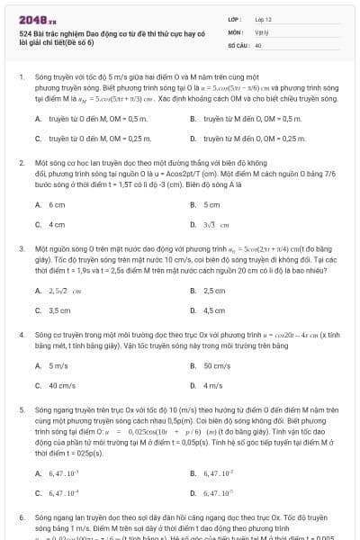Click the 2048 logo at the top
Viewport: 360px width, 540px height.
coord(31,19)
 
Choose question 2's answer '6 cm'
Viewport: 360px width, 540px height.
coord(56,205)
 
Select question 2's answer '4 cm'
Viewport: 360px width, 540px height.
coord(56,224)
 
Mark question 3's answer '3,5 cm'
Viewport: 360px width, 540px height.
coord(58,310)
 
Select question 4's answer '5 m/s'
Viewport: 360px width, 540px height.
coord(58,366)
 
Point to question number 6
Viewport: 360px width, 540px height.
coord(21,519)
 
